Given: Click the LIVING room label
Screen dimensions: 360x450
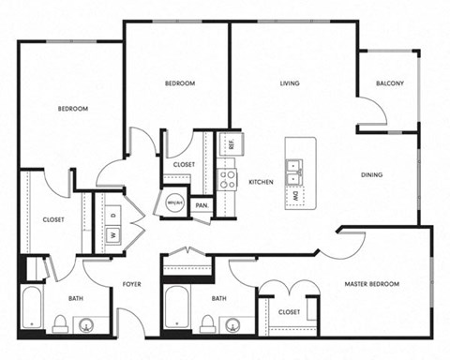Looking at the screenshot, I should [x=290, y=83].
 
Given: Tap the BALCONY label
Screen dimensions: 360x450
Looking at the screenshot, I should [x=390, y=83].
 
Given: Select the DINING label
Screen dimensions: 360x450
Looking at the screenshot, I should [x=372, y=174].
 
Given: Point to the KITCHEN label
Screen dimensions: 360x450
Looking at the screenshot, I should [x=261, y=182].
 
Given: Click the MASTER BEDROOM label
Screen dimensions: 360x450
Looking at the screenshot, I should [x=372, y=283].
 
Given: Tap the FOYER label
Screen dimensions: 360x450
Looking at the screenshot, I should [x=131, y=283].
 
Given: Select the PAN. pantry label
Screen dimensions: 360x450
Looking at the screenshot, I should [x=201, y=204].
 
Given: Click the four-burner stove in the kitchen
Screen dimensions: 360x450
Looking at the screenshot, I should [x=227, y=180].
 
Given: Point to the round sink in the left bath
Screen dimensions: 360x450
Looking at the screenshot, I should [x=86, y=325].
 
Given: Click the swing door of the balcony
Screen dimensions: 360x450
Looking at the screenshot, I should [x=373, y=111].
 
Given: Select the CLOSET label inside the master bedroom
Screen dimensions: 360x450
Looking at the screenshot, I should [x=290, y=312].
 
